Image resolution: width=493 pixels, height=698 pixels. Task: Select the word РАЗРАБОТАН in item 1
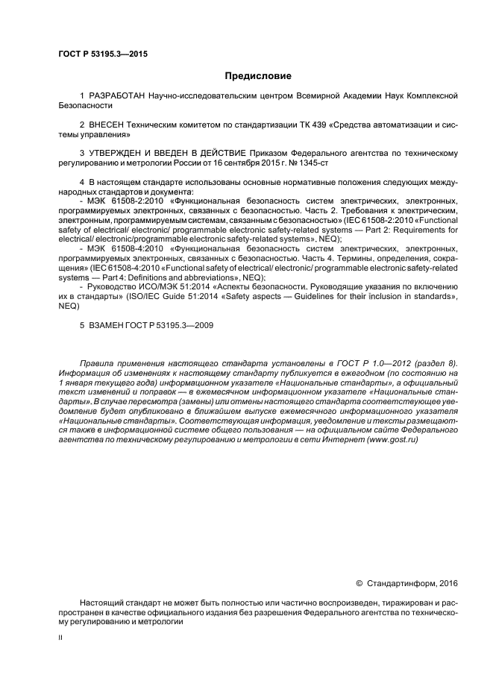click(x=117, y=97)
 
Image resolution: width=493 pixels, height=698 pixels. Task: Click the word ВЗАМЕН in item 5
click(x=107, y=324)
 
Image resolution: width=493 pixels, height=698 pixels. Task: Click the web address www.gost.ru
click(x=392, y=440)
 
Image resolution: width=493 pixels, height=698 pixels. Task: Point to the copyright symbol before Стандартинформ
click(x=359, y=583)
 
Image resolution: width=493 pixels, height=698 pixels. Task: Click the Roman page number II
click(x=60, y=638)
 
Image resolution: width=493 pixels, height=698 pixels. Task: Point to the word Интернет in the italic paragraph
click(x=339, y=440)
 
